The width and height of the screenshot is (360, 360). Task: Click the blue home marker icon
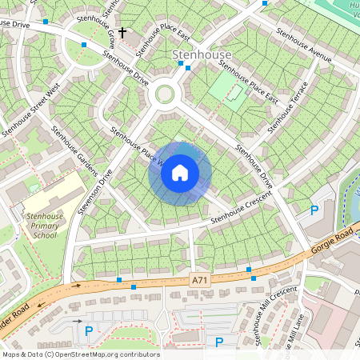[x=180, y=173]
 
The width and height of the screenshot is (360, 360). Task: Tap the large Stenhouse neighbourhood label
[x=202, y=55]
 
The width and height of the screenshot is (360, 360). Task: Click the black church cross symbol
[x=122, y=33]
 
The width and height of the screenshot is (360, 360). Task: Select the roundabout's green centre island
[x=165, y=94]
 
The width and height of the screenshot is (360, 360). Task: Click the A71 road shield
[x=201, y=279]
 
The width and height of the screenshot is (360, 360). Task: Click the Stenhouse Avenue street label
[x=303, y=47]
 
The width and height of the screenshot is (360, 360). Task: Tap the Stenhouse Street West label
[x=30, y=109]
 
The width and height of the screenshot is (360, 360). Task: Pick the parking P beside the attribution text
[x=219, y=342]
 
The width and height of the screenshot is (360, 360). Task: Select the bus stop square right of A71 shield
[x=253, y=278]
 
